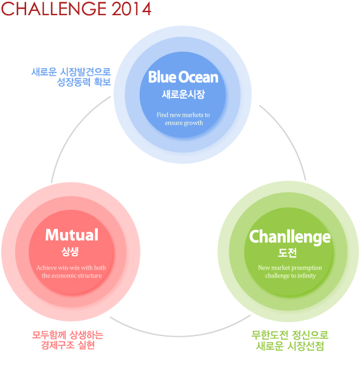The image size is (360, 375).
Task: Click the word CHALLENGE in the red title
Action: click(x=54, y=9)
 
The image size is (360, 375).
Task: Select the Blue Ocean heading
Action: click(x=183, y=77)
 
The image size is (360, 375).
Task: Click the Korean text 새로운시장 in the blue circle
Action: click(x=183, y=94)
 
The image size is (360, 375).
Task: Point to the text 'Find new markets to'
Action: click(x=183, y=115)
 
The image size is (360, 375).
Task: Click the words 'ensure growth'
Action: click(x=184, y=123)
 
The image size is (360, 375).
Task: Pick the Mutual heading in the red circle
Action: click(x=72, y=234)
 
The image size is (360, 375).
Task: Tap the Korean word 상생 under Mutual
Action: click(x=70, y=251)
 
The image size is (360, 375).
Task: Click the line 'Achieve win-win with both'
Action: click(x=71, y=268)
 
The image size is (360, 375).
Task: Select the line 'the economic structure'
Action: click(x=72, y=276)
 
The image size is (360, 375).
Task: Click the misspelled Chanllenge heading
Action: click(x=290, y=237)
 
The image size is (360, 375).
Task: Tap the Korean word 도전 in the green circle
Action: click(x=288, y=253)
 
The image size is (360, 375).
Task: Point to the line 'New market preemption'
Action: click(x=290, y=268)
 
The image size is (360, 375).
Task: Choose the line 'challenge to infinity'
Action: click(x=290, y=276)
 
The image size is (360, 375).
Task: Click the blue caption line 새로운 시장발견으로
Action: click(x=71, y=72)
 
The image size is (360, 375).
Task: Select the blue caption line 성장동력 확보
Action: click(x=84, y=82)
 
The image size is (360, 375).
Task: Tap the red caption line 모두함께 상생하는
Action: click(x=67, y=335)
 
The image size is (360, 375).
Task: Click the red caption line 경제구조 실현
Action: click(x=68, y=345)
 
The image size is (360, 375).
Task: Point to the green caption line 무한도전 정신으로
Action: click(x=290, y=335)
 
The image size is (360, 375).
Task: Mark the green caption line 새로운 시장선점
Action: click(x=290, y=346)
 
